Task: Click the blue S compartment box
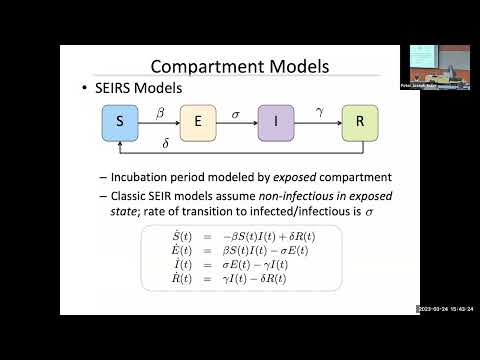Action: pos(120,123)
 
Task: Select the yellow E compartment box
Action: pos(198,123)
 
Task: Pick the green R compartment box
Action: pos(359,123)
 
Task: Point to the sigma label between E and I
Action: pos(237,113)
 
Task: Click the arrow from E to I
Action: pos(237,124)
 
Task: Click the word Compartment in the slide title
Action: pos(209,68)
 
